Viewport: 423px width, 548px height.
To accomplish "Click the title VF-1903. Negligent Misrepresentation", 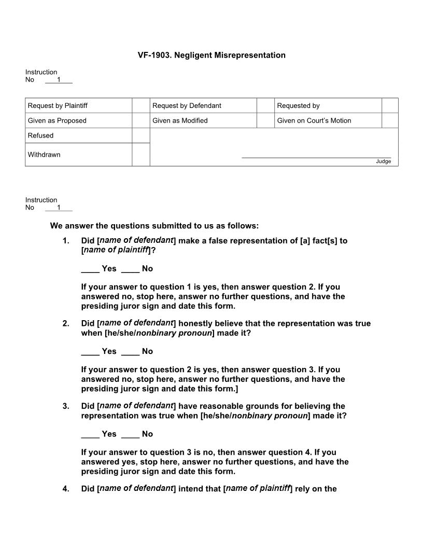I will (x=212, y=55).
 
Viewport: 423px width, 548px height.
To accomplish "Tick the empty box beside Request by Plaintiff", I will (x=140, y=106).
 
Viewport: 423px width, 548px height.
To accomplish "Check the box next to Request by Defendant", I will (x=265, y=106).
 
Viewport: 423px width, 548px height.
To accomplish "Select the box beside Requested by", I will (x=390, y=106).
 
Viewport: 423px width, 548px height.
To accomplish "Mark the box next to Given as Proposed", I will (x=140, y=120).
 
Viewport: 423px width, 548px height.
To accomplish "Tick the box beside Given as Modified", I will (x=265, y=120).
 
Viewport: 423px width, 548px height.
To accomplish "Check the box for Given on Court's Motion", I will (x=390, y=120).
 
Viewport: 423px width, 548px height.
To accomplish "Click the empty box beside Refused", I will (x=140, y=135).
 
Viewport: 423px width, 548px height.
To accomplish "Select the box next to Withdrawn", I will (x=140, y=155).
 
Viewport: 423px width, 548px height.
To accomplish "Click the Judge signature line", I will (x=316, y=156).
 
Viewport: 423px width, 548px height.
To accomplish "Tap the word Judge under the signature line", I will (x=384, y=161).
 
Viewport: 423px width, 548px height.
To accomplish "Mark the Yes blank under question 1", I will (x=90, y=269).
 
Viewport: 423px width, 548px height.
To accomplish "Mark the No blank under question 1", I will (x=130, y=269).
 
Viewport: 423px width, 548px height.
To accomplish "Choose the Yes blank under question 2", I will (x=90, y=351).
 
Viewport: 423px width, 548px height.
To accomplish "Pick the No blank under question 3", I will (x=130, y=434).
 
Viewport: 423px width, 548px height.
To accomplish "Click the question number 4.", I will (x=66, y=488).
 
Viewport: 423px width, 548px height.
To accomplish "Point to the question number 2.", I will (x=66, y=324).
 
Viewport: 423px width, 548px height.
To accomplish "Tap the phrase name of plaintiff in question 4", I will (x=258, y=488).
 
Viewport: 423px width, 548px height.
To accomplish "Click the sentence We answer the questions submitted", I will (x=154, y=226).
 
